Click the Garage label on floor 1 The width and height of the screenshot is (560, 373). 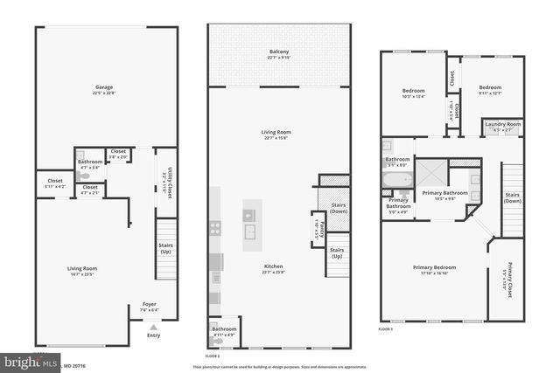pyautogui.click(x=108, y=88)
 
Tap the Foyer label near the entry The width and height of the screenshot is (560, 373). pyautogui.click(x=150, y=307)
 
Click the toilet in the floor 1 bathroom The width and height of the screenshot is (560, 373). pyautogui.click(x=83, y=176)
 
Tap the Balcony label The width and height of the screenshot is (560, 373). pyautogui.click(x=279, y=53)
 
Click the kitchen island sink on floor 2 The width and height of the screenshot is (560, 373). pyautogui.click(x=250, y=231)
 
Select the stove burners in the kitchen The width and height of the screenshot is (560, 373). pyautogui.click(x=214, y=228)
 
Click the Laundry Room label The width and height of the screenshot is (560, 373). pyautogui.click(x=502, y=126)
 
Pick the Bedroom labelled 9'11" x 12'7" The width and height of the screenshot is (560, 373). pyautogui.click(x=489, y=92)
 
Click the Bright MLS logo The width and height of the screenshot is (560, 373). pyautogui.click(x=31, y=360)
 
